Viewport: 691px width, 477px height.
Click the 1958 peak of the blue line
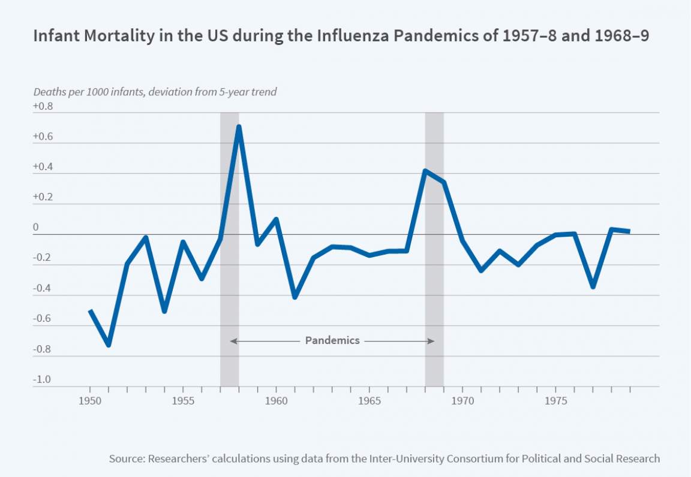tap(239, 127)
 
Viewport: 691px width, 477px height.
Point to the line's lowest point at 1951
tap(109, 345)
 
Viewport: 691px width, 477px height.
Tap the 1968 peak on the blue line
tap(425, 171)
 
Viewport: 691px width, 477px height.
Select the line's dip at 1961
tap(295, 297)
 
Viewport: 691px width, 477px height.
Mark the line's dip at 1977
tap(593, 287)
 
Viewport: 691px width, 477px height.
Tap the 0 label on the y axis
tap(36, 228)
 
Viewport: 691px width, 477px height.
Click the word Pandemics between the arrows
tap(332, 340)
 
